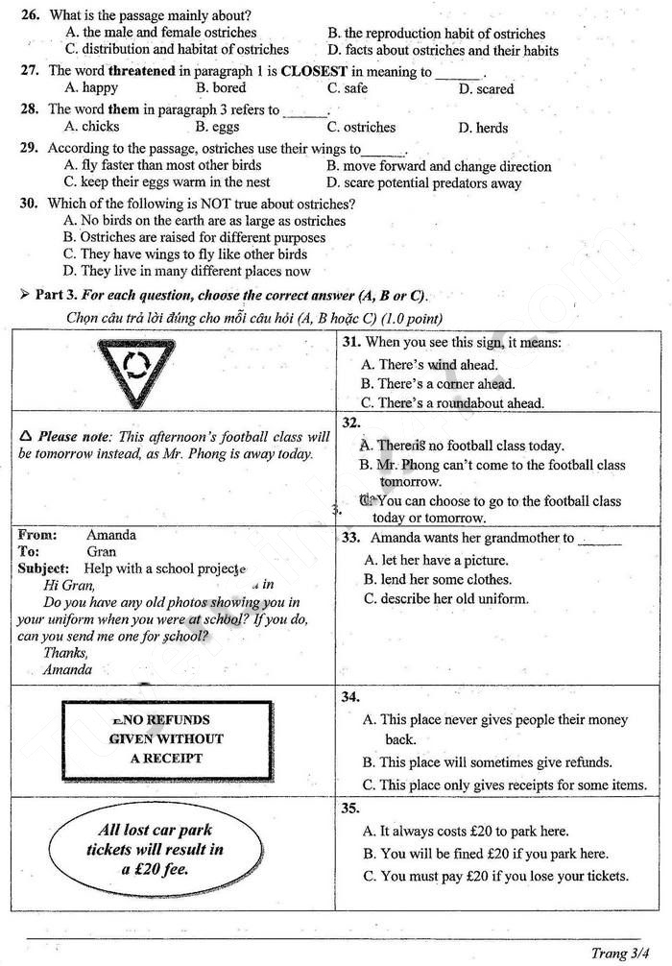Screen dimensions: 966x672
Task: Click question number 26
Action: click(x=29, y=16)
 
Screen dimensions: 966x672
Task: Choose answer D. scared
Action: click(x=486, y=89)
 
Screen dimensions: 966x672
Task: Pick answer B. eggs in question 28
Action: click(x=217, y=127)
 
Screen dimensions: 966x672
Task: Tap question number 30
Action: click(x=29, y=204)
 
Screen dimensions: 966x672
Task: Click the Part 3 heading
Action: click(x=230, y=295)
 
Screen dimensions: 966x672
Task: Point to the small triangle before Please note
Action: click(x=26, y=436)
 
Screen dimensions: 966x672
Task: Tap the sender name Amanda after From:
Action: click(x=111, y=536)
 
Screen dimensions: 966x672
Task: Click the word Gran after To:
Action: click(x=101, y=552)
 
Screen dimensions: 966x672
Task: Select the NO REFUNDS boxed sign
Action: click(x=166, y=739)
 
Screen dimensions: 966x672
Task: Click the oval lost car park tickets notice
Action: click(x=156, y=850)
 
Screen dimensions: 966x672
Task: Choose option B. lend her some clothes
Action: click(x=438, y=580)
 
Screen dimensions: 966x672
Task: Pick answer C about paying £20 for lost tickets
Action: click(x=495, y=876)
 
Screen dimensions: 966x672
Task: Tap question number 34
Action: click(x=350, y=697)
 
